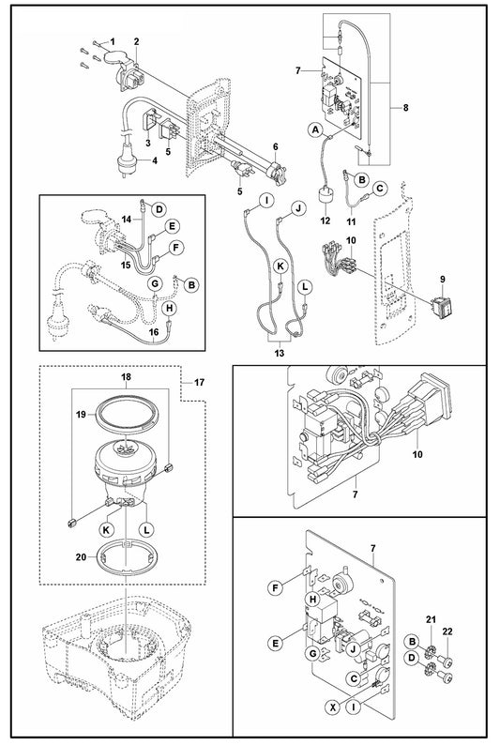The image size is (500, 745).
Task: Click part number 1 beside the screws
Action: (113, 42)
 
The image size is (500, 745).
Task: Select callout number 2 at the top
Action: (137, 41)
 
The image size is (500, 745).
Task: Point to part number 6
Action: (275, 146)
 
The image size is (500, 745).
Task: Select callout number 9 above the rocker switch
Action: (443, 279)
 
